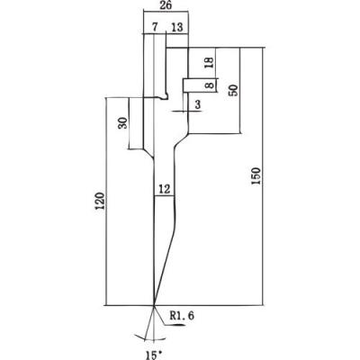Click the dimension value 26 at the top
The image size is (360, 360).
tap(166, 5)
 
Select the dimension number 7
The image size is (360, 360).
tap(154, 27)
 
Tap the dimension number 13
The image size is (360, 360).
tap(176, 27)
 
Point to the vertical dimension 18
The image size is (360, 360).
tap(210, 62)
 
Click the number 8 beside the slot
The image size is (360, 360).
tap(211, 85)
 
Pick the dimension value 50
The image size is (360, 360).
tap(234, 90)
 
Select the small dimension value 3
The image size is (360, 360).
tap(197, 104)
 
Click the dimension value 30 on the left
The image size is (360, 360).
tap(122, 122)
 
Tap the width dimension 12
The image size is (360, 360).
tap(165, 189)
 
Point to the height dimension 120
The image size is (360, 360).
tap(101, 201)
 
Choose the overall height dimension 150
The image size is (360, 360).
tap(256, 176)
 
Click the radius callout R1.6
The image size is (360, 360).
tap(182, 315)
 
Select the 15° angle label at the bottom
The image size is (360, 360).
tap(154, 355)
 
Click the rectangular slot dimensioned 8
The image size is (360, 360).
tap(199, 85)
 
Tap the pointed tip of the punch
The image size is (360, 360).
tap(154, 305)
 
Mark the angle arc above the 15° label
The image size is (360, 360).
tap(154, 339)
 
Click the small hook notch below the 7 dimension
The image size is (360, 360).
tap(164, 96)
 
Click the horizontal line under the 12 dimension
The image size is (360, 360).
tap(164, 196)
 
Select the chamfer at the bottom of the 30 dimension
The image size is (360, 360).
tap(148, 154)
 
